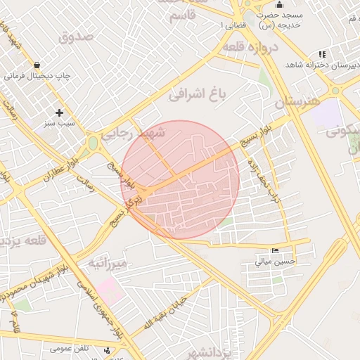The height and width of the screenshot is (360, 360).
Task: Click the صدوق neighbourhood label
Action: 76,37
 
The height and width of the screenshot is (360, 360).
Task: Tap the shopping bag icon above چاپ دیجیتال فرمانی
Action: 36,65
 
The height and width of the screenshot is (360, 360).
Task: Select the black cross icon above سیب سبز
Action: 59,112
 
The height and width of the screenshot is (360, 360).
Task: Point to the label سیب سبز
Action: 59,123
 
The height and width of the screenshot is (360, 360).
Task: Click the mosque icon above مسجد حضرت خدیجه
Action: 279,5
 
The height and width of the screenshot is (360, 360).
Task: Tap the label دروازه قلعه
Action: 251,46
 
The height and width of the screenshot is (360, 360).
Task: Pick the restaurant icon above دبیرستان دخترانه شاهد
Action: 322,54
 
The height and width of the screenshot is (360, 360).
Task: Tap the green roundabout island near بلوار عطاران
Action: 93,143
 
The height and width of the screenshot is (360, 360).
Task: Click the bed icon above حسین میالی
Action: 275,251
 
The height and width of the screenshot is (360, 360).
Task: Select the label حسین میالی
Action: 276,262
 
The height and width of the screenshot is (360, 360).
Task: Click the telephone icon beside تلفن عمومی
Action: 106,349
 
